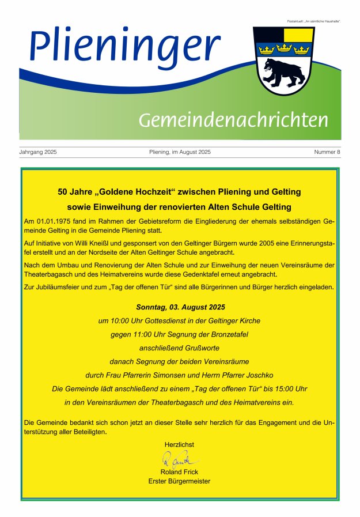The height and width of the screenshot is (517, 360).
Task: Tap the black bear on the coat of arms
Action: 282,73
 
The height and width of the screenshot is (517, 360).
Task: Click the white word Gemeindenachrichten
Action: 233,120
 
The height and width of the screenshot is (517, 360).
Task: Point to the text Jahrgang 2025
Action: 38,152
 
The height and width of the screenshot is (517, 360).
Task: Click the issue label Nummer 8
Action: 327,152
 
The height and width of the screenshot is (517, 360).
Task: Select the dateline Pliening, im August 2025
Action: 180,152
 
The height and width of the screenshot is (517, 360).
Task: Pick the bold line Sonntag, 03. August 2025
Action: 180,307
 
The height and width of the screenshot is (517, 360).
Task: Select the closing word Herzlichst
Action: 179,444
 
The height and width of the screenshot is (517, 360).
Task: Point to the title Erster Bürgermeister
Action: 179,481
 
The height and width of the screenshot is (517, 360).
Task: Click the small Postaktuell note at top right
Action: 314,21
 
